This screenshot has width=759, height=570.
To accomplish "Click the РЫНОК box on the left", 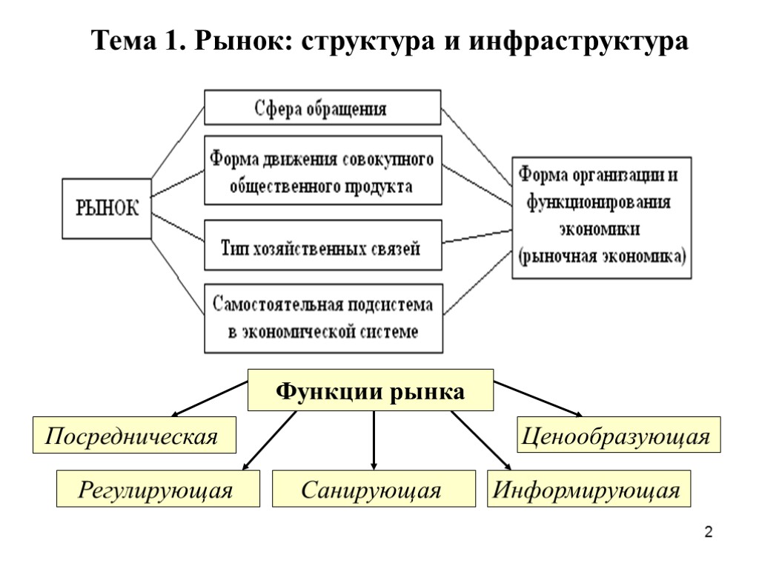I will [x=107, y=207].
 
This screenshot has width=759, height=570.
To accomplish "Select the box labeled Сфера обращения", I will [x=322, y=108].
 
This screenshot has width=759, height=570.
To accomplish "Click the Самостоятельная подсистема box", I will [x=322, y=318].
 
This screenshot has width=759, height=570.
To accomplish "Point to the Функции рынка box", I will [x=371, y=390].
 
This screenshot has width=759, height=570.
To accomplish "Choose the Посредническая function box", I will [x=133, y=436].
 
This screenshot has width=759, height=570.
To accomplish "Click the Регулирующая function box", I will [x=158, y=490].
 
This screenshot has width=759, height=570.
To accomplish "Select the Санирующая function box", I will [x=373, y=490].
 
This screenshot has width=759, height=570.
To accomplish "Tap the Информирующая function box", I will [x=588, y=490].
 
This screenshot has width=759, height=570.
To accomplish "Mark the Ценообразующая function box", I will [x=618, y=436].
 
